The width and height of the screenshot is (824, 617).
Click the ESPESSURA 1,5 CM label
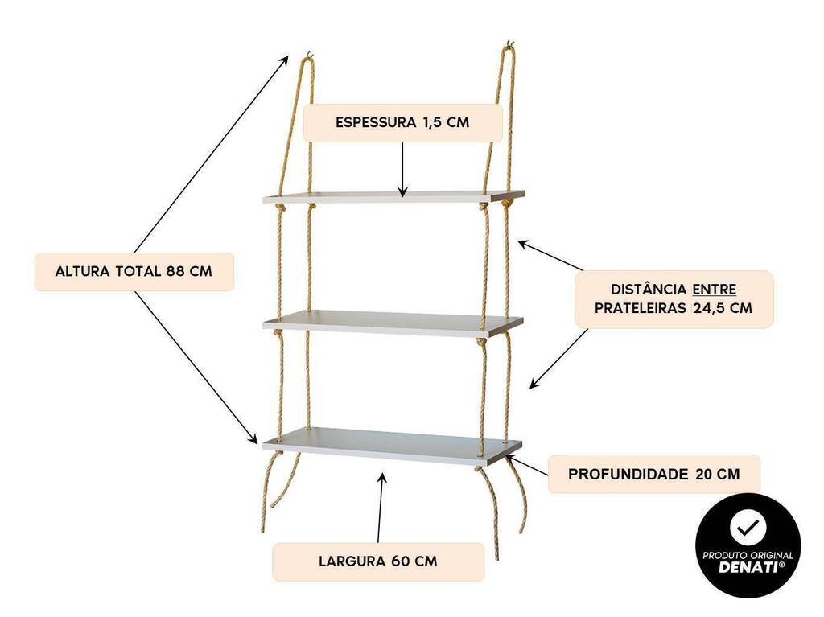(402, 122)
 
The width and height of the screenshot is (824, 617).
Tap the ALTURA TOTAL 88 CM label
(134, 272)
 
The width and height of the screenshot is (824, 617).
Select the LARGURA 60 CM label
(378, 561)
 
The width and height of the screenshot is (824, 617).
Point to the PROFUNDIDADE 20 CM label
(653, 474)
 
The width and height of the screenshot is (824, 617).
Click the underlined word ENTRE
(714, 290)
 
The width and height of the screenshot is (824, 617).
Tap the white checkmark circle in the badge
(748, 529)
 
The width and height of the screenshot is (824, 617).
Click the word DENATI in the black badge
(748, 567)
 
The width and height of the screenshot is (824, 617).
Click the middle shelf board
(393, 323)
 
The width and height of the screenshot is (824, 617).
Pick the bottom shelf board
(392, 446)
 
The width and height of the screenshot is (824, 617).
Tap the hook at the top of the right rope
(509, 44)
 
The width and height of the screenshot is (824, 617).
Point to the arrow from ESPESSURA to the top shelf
(402, 169)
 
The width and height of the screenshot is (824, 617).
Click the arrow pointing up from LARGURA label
(381, 508)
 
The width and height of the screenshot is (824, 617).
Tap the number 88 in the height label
(175, 272)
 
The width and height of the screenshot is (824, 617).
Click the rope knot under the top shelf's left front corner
(280, 208)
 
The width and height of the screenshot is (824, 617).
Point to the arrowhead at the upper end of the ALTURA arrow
(284, 60)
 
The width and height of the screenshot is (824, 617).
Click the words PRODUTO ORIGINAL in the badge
(748, 556)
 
